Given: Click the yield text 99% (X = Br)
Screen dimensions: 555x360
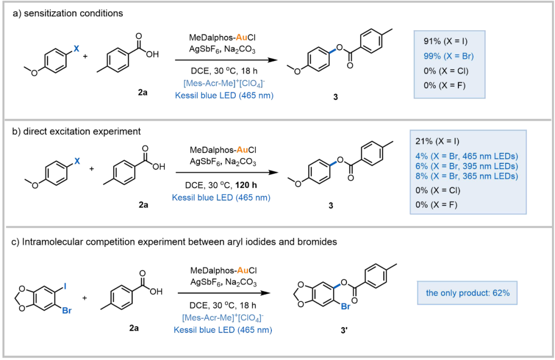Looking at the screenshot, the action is click(449, 56).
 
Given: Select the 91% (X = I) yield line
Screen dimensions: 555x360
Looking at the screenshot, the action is click(445, 41).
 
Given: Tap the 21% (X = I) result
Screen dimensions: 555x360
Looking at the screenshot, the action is click(437, 141).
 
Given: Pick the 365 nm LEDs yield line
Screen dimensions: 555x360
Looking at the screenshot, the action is click(467, 176).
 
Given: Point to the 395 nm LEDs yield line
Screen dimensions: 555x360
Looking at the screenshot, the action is click(467, 166).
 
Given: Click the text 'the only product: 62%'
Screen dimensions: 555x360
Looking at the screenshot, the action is click(468, 293).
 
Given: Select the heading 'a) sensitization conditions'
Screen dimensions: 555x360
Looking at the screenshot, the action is click(68, 13).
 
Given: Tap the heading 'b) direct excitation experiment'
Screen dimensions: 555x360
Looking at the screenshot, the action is click(77, 131).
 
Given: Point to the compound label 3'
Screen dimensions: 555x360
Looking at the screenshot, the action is click(344, 330).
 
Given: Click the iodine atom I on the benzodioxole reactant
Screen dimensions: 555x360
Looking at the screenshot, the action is click(65, 286).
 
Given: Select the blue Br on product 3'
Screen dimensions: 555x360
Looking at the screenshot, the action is click(346, 306).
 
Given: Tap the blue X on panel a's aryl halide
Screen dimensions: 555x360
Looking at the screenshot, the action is click(77, 48).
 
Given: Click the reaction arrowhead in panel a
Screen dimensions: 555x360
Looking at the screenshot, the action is click(272, 60).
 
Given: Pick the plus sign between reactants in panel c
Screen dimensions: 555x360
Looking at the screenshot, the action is click(85, 298).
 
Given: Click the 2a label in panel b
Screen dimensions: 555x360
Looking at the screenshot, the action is click(143, 205).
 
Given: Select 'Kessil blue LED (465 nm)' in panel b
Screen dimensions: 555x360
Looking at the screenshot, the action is click(221, 197).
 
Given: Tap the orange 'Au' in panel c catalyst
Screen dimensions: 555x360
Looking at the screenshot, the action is click(243, 271).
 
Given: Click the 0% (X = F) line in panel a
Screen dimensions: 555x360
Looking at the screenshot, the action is click(445, 85).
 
